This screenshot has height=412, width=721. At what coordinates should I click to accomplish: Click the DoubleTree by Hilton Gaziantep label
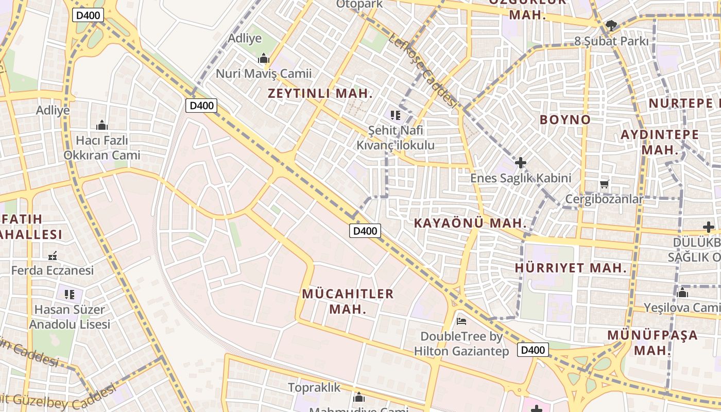(461, 344)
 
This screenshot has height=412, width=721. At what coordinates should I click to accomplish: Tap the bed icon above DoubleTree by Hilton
(461, 321)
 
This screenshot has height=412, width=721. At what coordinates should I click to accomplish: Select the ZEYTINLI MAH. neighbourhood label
(320, 94)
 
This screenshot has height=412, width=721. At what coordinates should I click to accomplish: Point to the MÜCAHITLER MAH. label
(348, 301)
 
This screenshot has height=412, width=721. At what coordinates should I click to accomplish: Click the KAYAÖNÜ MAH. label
(470, 223)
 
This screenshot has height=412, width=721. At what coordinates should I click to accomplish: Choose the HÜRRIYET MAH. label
(571, 268)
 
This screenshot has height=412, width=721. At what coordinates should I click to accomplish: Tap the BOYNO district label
(565, 119)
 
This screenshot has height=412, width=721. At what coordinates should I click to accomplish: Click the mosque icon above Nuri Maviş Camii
(264, 58)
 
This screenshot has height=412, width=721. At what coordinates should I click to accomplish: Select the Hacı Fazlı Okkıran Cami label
(101, 147)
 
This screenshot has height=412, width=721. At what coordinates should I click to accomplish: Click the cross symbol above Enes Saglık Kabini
(521, 163)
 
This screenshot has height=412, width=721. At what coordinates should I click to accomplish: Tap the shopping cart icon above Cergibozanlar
(604, 184)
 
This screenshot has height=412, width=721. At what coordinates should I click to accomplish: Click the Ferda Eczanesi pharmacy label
(53, 270)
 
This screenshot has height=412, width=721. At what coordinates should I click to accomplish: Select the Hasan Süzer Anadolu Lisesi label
(70, 317)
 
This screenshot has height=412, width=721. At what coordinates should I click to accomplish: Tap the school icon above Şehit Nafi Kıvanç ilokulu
(396, 115)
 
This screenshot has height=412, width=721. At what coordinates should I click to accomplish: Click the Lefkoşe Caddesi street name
(423, 71)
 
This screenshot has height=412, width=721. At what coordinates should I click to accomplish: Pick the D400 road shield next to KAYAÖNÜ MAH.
(365, 231)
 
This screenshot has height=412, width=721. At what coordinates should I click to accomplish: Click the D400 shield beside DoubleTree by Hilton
(533, 350)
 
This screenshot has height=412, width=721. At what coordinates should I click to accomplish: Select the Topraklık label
(314, 387)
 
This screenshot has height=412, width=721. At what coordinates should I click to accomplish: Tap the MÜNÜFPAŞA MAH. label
(652, 342)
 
